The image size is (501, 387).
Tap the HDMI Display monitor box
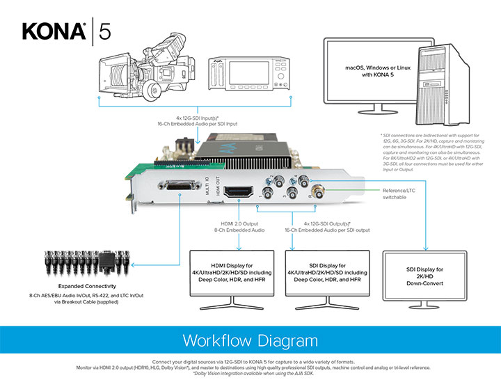[x=238, y=271]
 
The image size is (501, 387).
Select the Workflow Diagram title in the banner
[x=250, y=341]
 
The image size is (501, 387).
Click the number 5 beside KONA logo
[x=104, y=31]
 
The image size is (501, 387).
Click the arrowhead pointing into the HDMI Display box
[x=239, y=248]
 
